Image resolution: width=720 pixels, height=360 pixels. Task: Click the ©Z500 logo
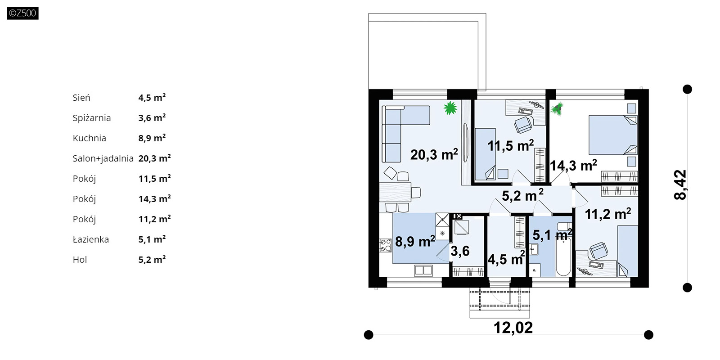point(22,13)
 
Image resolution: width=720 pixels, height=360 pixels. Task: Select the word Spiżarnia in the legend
point(92,118)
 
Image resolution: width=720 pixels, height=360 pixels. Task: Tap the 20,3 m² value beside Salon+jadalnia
point(155,158)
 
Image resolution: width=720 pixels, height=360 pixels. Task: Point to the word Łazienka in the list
point(90,239)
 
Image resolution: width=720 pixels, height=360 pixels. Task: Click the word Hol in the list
point(80,260)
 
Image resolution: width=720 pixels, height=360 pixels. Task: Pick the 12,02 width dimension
point(513,328)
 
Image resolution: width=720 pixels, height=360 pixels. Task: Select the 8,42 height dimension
point(680,185)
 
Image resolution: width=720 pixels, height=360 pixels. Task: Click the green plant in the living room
point(450,108)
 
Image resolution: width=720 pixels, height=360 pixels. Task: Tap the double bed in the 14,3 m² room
point(613,135)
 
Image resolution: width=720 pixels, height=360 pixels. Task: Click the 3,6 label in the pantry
point(460,251)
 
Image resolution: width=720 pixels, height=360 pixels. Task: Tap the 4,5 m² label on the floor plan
point(506,258)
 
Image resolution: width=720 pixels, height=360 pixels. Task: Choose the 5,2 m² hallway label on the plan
point(522,195)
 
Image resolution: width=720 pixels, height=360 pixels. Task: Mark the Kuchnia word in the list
point(90,138)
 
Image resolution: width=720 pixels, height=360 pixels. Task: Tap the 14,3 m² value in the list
point(155,198)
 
